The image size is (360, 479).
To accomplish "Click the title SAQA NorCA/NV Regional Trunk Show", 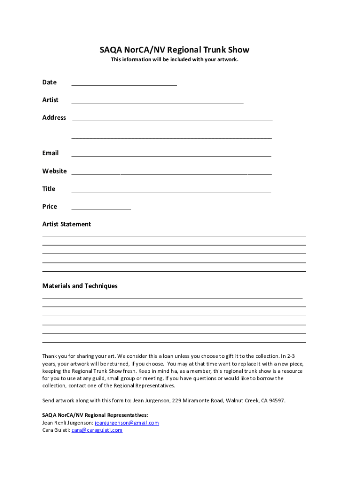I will (x=174, y=50).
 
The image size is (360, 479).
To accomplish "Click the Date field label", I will (x=49, y=82).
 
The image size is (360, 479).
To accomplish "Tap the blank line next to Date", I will (x=124, y=85).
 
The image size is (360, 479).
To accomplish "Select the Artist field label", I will (x=50, y=100).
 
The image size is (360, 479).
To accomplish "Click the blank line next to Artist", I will (x=157, y=102).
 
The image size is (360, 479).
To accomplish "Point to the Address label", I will (x=54, y=118).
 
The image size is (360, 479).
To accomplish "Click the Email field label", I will (x=50, y=153).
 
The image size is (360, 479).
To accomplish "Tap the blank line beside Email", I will (x=171, y=155).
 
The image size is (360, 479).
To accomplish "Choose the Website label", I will (x=54, y=171).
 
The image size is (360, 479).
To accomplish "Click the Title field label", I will (x=49, y=189).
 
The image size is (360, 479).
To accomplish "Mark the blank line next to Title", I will (x=171, y=191).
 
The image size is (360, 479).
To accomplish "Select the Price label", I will (x=50, y=207).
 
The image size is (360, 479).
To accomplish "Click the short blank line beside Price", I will (x=101, y=209).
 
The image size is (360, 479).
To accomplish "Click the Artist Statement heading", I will (x=66, y=225).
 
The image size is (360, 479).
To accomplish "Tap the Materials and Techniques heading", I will (x=80, y=286).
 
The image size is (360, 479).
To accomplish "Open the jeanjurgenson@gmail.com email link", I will (x=127, y=423).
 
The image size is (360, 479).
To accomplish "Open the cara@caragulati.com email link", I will (x=97, y=430).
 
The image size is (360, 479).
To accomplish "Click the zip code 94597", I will (x=275, y=401).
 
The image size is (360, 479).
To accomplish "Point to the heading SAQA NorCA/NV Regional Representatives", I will (x=95, y=415).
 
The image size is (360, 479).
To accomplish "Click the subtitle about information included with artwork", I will (x=174, y=60).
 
